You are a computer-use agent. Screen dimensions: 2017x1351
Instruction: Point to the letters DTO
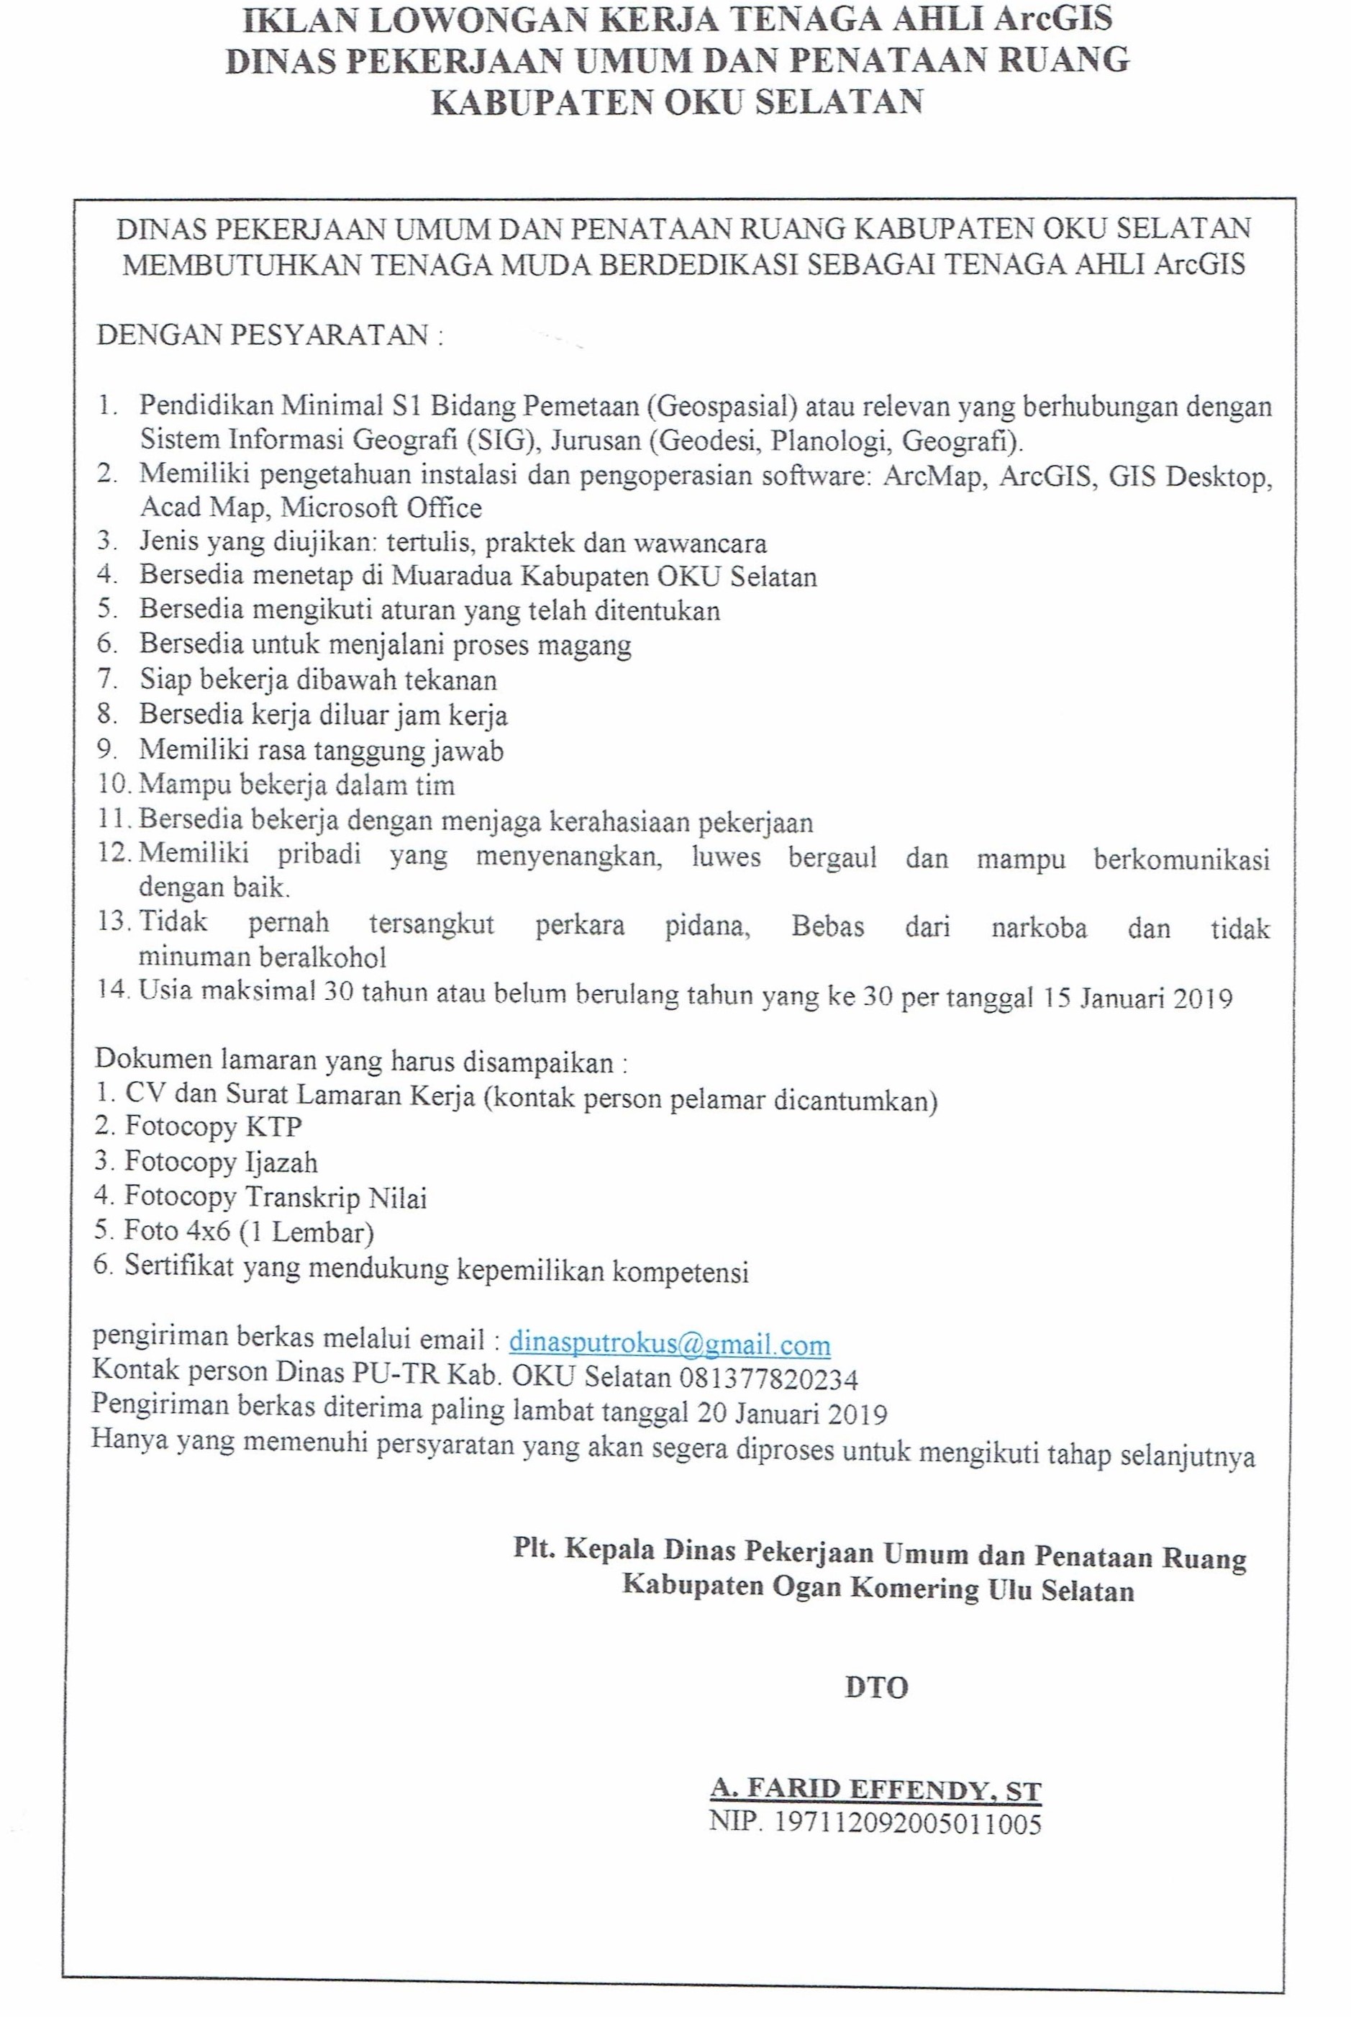point(876,1687)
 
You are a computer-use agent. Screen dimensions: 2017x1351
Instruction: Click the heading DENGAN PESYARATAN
point(270,335)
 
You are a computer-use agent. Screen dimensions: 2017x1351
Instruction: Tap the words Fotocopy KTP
point(213,1126)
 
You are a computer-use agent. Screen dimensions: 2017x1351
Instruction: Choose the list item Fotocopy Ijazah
point(222,1162)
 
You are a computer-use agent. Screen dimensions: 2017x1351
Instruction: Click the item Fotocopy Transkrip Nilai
point(276,1197)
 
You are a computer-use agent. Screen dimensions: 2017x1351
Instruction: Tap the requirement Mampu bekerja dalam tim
point(297,785)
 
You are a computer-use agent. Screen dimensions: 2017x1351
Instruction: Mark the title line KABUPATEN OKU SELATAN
point(676,101)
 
